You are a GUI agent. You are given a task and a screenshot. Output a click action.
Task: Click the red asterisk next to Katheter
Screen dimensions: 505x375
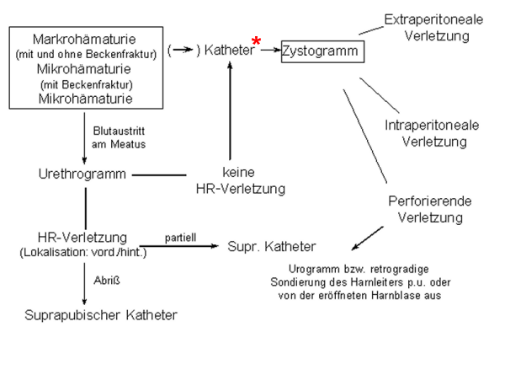pyautogui.click(x=256, y=41)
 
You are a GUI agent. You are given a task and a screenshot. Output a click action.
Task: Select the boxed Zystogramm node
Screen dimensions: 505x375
pyautogui.click(x=322, y=51)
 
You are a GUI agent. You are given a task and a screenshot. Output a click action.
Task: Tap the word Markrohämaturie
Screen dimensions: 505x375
pyautogui.click(x=84, y=40)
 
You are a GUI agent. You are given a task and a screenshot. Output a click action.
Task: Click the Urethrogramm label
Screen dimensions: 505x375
pyautogui.click(x=82, y=174)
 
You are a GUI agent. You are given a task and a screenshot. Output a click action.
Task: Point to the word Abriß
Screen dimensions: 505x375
pyautogui.click(x=107, y=281)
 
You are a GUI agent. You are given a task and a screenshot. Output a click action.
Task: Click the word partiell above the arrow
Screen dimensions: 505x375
pyautogui.click(x=180, y=238)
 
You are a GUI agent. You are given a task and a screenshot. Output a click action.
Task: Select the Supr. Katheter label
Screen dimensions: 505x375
pyautogui.click(x=272, y=247)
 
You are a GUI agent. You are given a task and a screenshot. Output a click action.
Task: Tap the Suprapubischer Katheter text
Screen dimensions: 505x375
pyautogui.click(x=101, y=315)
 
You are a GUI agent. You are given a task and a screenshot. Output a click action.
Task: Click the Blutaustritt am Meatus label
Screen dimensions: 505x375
pyautogui.click(x=119, y=137)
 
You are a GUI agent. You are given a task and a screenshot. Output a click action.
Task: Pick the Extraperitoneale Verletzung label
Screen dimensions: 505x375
pyautogui.click(x=433, y=28)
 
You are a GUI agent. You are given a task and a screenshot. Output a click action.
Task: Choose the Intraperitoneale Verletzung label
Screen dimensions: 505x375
pyautogui.click(x=432, y=133)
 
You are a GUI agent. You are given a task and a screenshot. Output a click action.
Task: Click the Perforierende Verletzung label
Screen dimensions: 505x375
pyautogui.click(x=430, y=209)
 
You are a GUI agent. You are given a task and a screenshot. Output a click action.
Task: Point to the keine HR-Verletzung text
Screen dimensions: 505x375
pyautogui.click(x=241, y=180)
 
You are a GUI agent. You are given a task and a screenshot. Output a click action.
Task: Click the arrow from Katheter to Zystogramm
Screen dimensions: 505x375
pyautogui.click(x=271, y=50)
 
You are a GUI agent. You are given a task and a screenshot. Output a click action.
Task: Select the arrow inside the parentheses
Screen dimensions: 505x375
pyautogui.click(x=183, y=50)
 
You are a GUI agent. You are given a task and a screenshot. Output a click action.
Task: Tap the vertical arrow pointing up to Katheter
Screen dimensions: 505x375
pyautogui.click(x=230, y=111)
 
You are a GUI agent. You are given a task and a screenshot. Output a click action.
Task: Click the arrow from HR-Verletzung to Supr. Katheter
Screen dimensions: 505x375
pyautogui.click(x=179, y=246)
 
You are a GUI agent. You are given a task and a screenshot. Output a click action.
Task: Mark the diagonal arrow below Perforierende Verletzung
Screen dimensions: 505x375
pyautogui.click(x=367, y=238)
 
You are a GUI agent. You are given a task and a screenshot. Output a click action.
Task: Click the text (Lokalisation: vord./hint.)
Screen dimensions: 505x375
pyautogui.click(x=83, y=252)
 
